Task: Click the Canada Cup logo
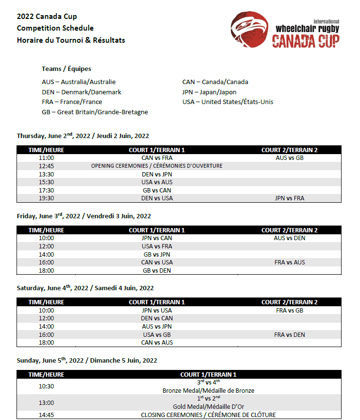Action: tap(285, 31)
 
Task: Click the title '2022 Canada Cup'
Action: tap(47, 17)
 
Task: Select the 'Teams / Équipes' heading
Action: tap(67, 69)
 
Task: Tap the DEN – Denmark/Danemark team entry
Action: tap(82, 92)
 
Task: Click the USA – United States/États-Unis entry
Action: tap(228, 102)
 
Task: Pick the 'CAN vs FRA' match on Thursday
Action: tap(157, 157)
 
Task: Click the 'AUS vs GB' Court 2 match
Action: tap(289, 157)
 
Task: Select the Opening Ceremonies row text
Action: tap(157, 166)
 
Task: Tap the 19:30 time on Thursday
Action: tap(46, 198)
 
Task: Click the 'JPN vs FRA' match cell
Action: tap(290, 198)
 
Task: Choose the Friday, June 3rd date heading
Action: tap(84, 216)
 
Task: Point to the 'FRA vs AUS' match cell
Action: tap(290, 262)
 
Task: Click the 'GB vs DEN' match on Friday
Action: tap(157, 271)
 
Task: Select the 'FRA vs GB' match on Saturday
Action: tap(290, 311)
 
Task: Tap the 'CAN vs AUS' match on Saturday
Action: tap(157, 343)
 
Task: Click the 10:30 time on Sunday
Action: tap(46, 386)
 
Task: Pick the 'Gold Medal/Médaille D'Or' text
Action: tap(208, 407)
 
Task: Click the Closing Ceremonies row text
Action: tap(208, 415)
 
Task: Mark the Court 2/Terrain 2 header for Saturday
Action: tap(290, 302)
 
